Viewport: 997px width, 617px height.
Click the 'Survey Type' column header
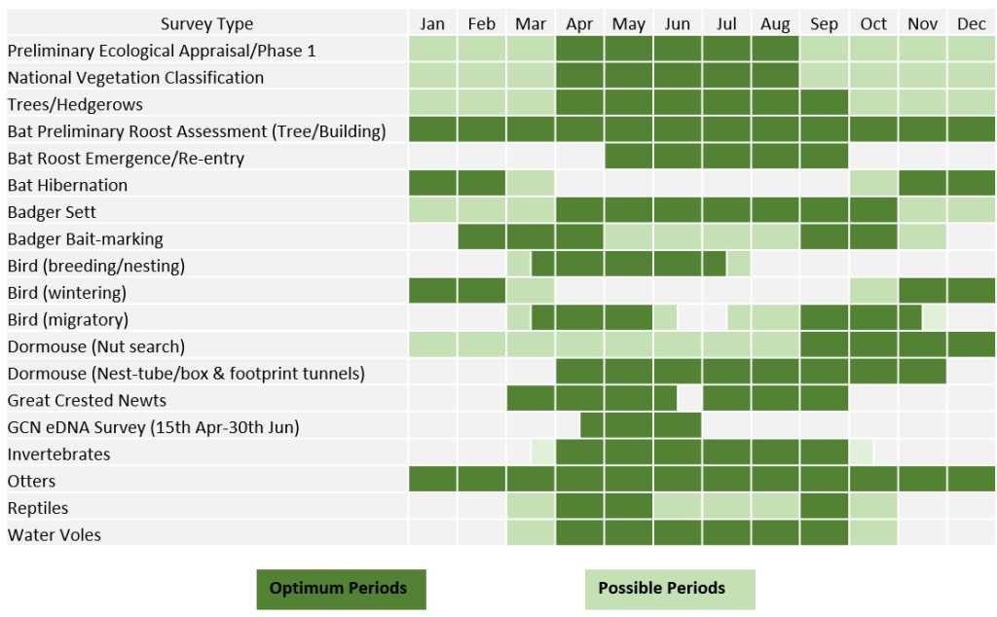pyautogui.click(x=206, y=24)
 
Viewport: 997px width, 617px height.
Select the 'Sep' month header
pyautogui.click(x=824, y=24)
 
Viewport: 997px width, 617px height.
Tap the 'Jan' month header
pyautogui.click(x=432, y=24)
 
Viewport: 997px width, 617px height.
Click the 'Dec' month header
pyautogui.click(x=971, y=24)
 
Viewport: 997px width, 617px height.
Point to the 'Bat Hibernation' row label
pyautogui.click(x=67, y=185)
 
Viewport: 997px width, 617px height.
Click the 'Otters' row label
pyautogui.click(x=31, y=481)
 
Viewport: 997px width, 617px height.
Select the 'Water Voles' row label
pyautogui.click(x=54, y=534)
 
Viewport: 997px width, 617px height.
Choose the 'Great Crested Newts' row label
pyautogui.click(x=87, y=400)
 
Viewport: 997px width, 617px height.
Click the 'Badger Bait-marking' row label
pyautogui.click(x=85, y=238)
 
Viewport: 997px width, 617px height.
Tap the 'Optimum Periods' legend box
pyautogui.click(x=341, y=589)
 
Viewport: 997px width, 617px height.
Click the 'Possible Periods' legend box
pyautogui.click(x=669, y=589)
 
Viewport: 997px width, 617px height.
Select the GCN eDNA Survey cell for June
pyautogui.click(x=677, y=425)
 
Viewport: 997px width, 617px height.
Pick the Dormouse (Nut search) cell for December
pyautogui.click(x=971, y=345)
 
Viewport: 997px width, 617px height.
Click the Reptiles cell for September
pyautogui.click(x=824, y=506)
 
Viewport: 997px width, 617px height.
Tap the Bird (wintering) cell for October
pyautogui.click(x=872, y=291)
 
